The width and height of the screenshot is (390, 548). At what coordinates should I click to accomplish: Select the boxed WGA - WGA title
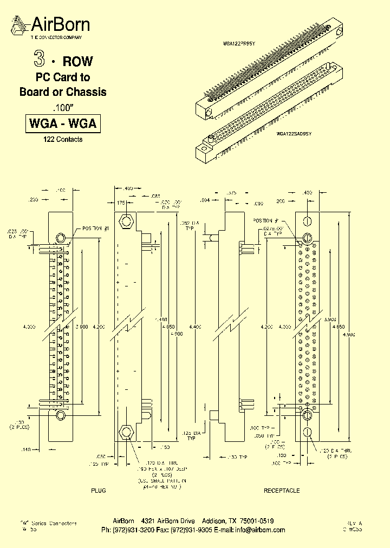(63, 123)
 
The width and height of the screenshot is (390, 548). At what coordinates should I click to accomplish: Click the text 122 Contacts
(63, 140)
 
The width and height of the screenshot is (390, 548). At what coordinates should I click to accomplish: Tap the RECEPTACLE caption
(281, 491)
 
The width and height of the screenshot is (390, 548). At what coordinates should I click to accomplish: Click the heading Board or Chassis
(63, 92)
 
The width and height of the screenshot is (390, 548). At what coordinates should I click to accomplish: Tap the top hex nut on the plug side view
(127, 221)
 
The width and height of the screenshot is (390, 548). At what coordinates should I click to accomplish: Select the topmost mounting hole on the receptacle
(307, 221)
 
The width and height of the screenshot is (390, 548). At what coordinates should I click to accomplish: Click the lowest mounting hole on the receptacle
(307, 432)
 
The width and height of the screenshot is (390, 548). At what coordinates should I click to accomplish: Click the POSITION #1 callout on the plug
(96, 229)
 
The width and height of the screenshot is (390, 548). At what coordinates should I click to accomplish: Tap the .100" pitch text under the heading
(63, 107)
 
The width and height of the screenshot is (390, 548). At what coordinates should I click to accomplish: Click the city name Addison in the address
(213, 521)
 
